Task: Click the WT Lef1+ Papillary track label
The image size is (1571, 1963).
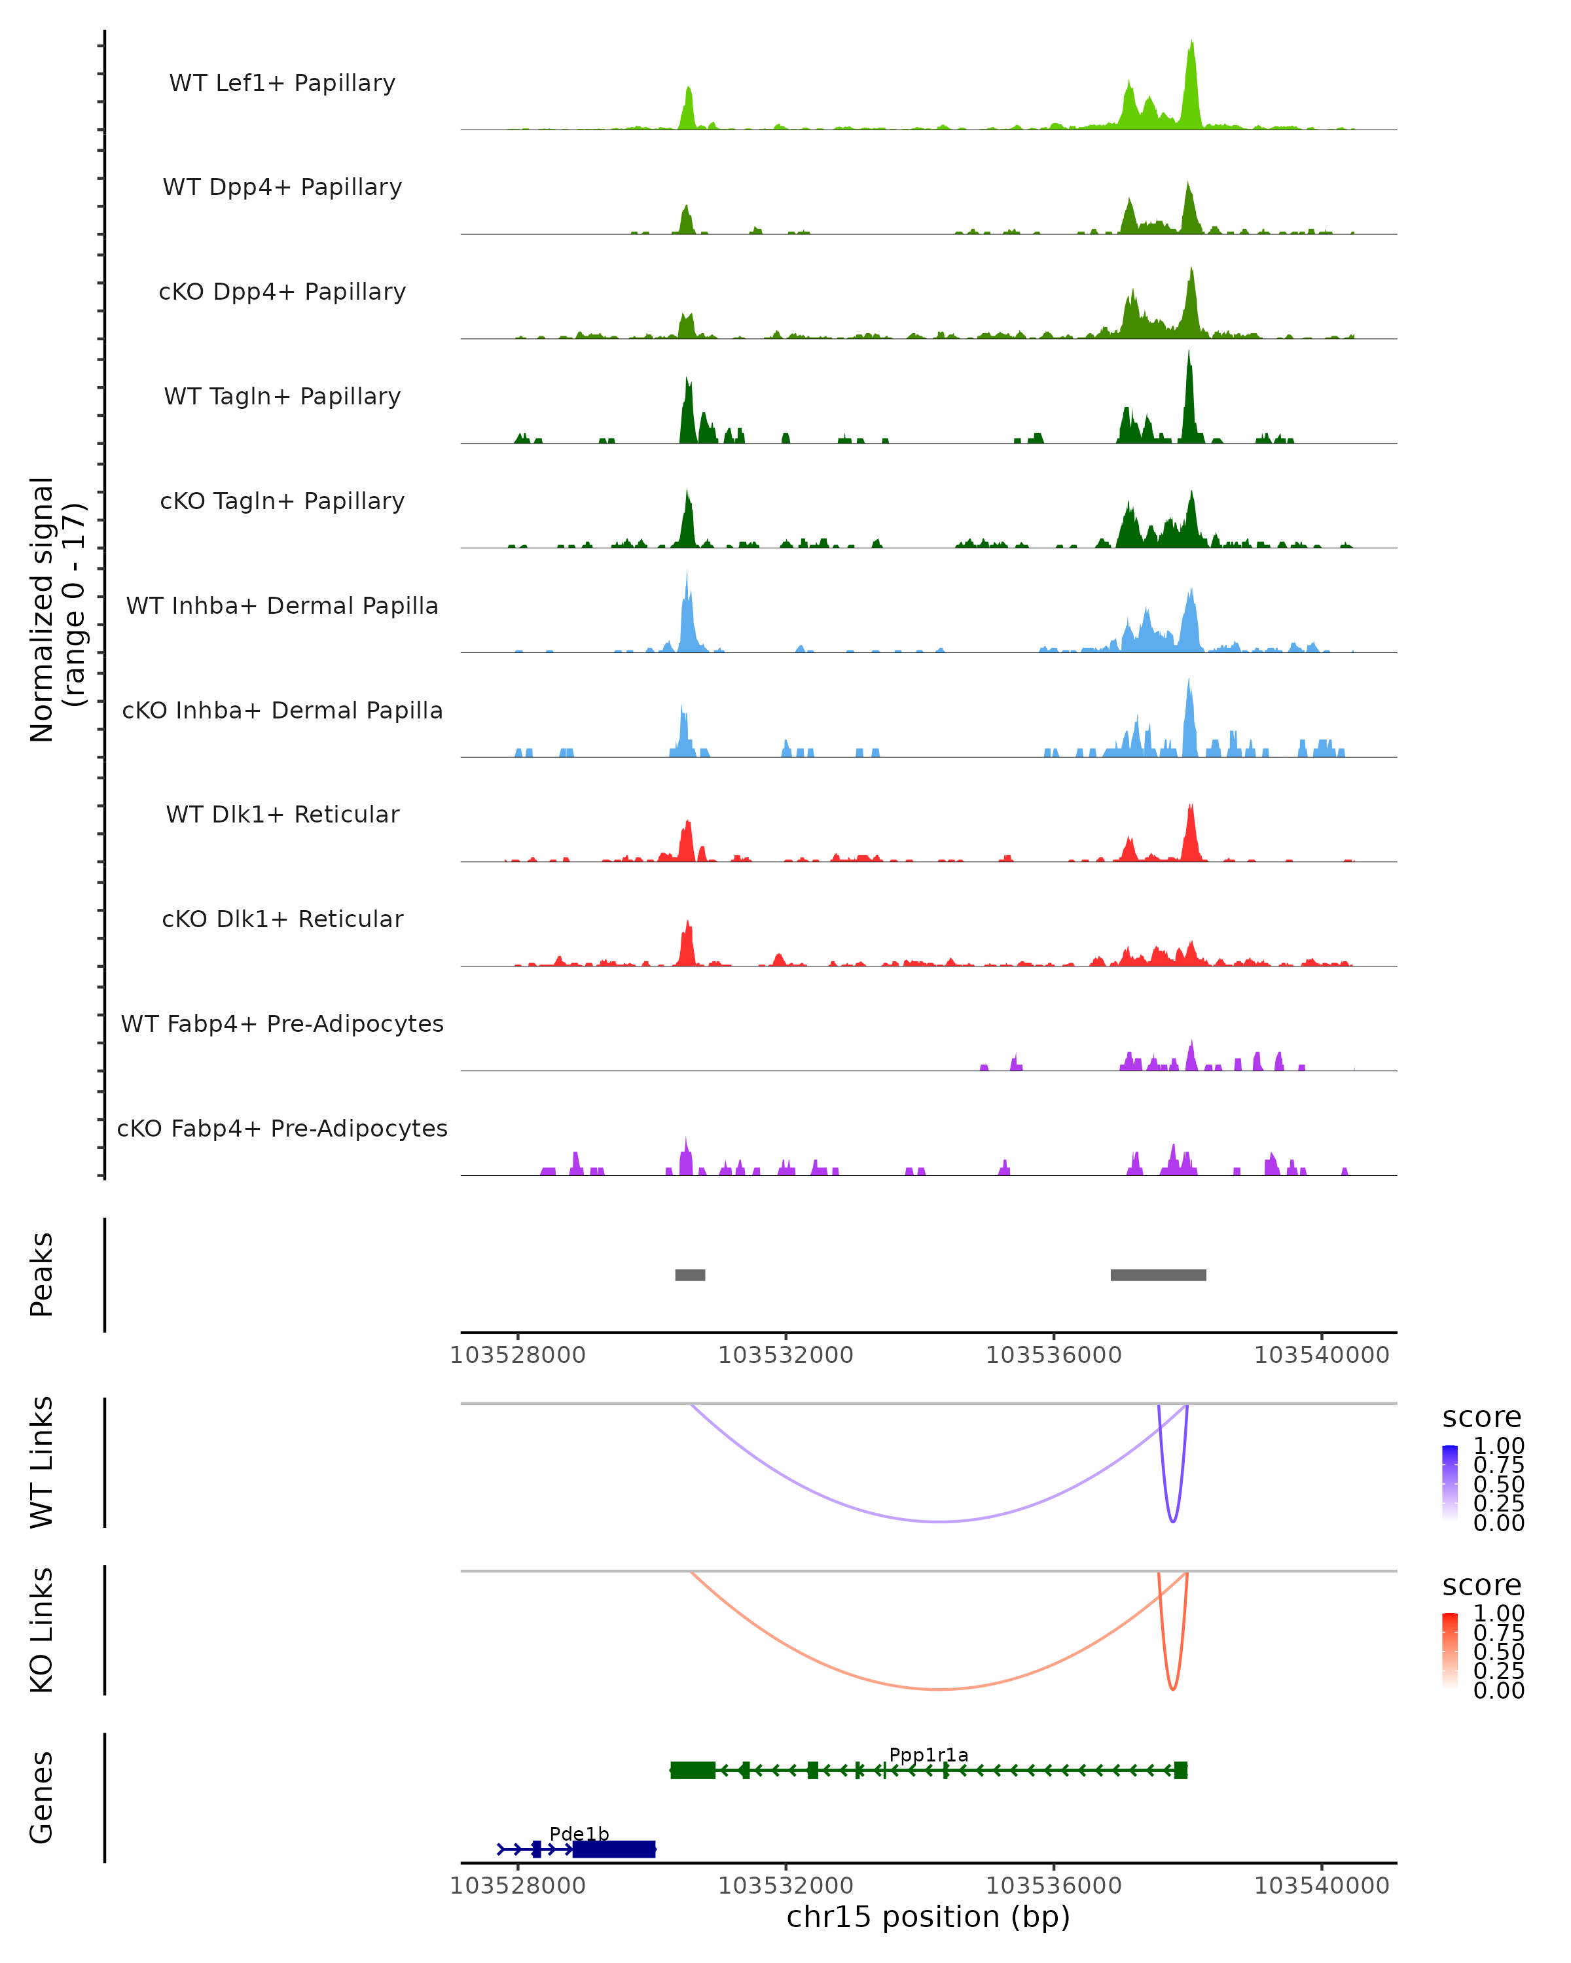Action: point(282,83)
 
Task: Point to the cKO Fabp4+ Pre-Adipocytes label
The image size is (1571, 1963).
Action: point(282,1128)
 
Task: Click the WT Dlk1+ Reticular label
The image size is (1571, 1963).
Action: point(282,814)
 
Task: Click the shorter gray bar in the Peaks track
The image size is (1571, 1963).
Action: point(689,1275)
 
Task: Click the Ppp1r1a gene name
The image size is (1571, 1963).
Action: point(928,1754)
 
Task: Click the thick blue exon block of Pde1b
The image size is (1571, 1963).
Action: point(614,1848)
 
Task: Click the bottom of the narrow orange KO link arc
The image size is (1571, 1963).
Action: point(1172,1689)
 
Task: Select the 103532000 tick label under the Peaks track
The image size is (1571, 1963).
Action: point(785,1355)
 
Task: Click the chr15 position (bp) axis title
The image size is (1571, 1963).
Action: point(928,1917)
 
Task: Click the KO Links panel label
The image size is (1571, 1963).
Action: point(42,1630)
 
